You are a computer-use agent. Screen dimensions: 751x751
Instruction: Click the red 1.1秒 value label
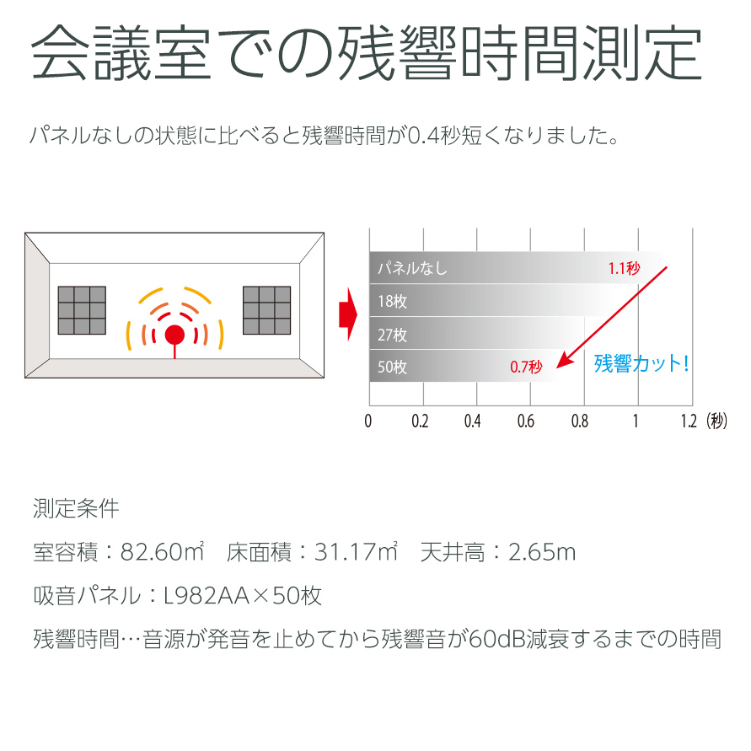pyautogui.click(x=624, y=268)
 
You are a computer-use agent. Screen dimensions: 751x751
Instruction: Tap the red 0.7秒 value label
pyautogui.click(x=526, y=367)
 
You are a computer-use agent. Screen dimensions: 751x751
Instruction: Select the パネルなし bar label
pyautogui.click(x=412, y=268)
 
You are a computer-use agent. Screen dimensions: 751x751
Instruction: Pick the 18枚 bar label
pyautogui.click(x=392, y=301)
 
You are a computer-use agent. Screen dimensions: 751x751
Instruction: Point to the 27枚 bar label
pyautogui.click(x=392, y=335)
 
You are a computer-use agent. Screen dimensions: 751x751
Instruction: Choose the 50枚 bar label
pyautogui.click(x=392, y=367)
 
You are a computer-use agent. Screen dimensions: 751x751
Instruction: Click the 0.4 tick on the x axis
pyautogui.click(x=472, y=421)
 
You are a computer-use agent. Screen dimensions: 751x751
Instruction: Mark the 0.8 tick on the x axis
pyautogui.click(x=580, y=421)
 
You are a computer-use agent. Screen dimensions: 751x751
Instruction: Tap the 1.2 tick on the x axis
pyautogui.click(x=689, y=421)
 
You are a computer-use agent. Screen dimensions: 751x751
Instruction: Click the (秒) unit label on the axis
pyautogui.click(x=716, y=421)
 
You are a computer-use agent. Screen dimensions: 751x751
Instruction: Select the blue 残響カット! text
pyautogui.click(x=641, y=363)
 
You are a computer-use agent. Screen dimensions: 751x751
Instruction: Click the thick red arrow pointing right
pyautogui.click(x=348, y=314)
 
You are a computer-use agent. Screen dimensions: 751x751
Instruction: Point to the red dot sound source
pyautogui.click(x=174, y=335)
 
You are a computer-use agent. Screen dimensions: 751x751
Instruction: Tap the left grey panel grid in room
pyautogui.click(x=82, y=310)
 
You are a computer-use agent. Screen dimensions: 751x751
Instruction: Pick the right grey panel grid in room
pyautogui.click(x=267, y=310)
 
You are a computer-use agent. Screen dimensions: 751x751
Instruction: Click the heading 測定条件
pyautogui.click(x=76, y=508)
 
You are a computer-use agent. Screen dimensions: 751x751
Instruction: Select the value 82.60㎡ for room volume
pyautogui.click(x=163, y=551)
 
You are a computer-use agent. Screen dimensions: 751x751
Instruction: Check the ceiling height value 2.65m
pyautogui.click(x=542, y=552)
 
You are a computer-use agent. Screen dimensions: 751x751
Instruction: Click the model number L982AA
pyautogui.click(x=207, y=596)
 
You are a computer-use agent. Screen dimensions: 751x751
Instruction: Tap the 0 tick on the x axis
pyautogui.click(x=367, y=421)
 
